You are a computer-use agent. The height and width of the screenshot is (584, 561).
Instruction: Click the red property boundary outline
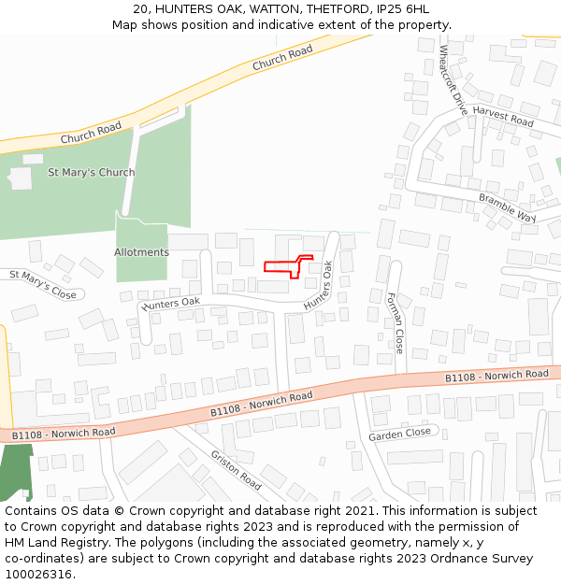click(x=286, y=266)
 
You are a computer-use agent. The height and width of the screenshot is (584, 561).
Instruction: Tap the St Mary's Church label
click(x=92, y=173)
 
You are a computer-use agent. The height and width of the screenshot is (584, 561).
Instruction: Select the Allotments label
click(x=141, y=252)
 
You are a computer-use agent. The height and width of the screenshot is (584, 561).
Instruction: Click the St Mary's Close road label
click(x=42, y=284)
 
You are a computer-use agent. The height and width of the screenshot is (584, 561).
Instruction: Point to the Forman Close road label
click(x=395, y=322)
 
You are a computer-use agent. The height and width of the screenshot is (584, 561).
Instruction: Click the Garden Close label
click(x=399, y=434)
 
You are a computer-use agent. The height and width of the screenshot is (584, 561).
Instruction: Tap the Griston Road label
click(x=236, y=469)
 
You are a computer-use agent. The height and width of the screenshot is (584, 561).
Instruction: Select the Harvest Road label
click(x=502, y=117)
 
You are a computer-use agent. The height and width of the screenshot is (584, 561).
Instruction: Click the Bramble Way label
click(x=507, y=208)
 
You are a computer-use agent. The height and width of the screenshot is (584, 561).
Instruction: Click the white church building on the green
click(x=21, y=178)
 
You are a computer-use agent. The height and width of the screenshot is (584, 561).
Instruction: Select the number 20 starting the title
click(x=140, y=8)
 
